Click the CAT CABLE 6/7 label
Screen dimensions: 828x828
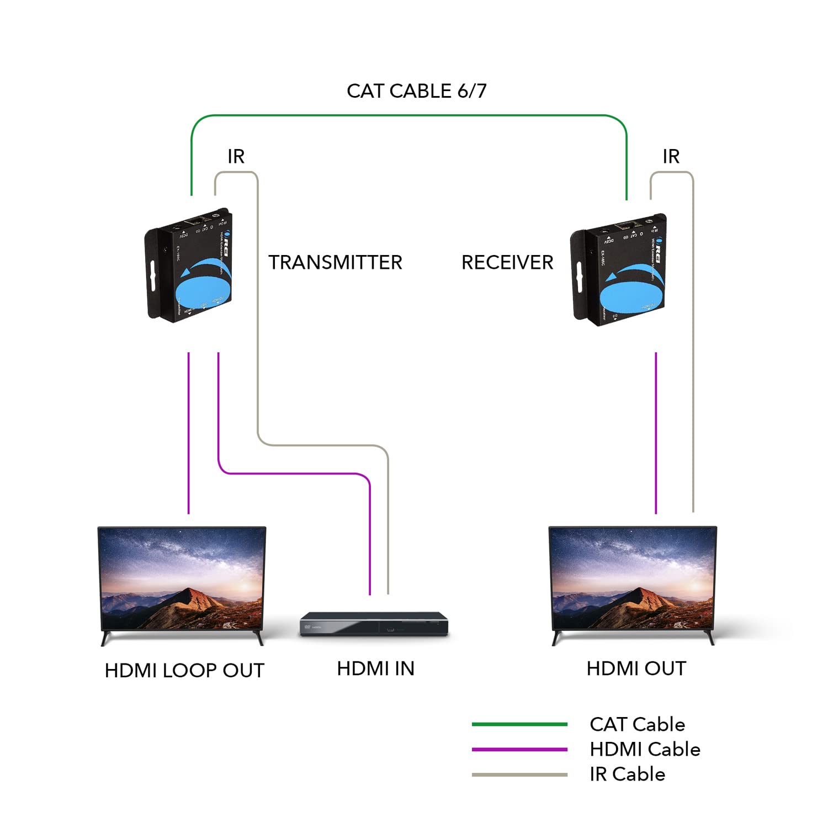416,91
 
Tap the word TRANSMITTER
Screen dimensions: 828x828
335,262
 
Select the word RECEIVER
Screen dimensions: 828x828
507,262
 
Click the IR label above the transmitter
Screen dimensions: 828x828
236,157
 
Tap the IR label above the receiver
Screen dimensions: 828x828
671,157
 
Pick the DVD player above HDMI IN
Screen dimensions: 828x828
374,624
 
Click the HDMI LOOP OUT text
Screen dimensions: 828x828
184,670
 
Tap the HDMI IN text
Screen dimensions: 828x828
375,668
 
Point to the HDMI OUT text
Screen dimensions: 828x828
636,668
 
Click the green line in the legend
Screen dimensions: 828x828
519,724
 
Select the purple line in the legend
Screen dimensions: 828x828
519,750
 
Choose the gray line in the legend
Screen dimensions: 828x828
519,774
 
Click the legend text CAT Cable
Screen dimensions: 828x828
637,724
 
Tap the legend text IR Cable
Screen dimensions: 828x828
627,774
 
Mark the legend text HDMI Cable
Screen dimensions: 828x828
645,749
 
